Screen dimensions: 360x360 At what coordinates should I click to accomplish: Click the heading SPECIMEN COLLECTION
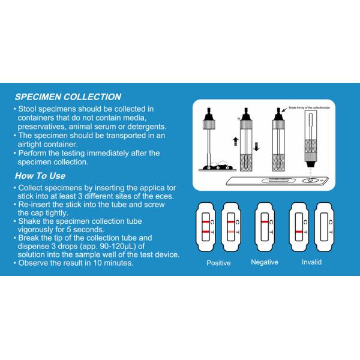click(67, 97)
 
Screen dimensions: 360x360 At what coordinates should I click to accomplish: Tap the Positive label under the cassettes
click(218, 263)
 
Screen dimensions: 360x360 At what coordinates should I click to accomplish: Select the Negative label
click(265, 262)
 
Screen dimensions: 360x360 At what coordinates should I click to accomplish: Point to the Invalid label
click(311, 262)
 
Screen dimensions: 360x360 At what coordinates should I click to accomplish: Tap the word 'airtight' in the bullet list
click(33, 145)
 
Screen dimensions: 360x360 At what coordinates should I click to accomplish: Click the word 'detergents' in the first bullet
click(144, 127)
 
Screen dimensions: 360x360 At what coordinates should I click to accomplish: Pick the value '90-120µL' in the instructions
click(107, 246)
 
